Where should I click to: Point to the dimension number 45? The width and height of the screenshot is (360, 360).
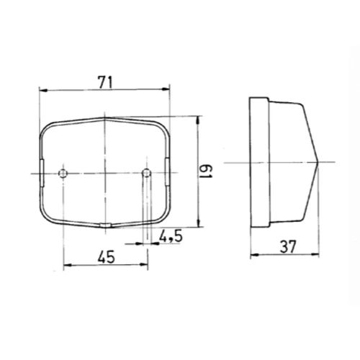coord(107,254)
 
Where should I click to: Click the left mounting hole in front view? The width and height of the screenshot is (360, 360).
coord(64,174)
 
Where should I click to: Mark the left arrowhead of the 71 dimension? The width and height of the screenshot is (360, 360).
coord(42,90)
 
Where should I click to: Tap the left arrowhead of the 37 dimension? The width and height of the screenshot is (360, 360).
coord(251,256)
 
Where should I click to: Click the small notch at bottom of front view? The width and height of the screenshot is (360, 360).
coord(105,226)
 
